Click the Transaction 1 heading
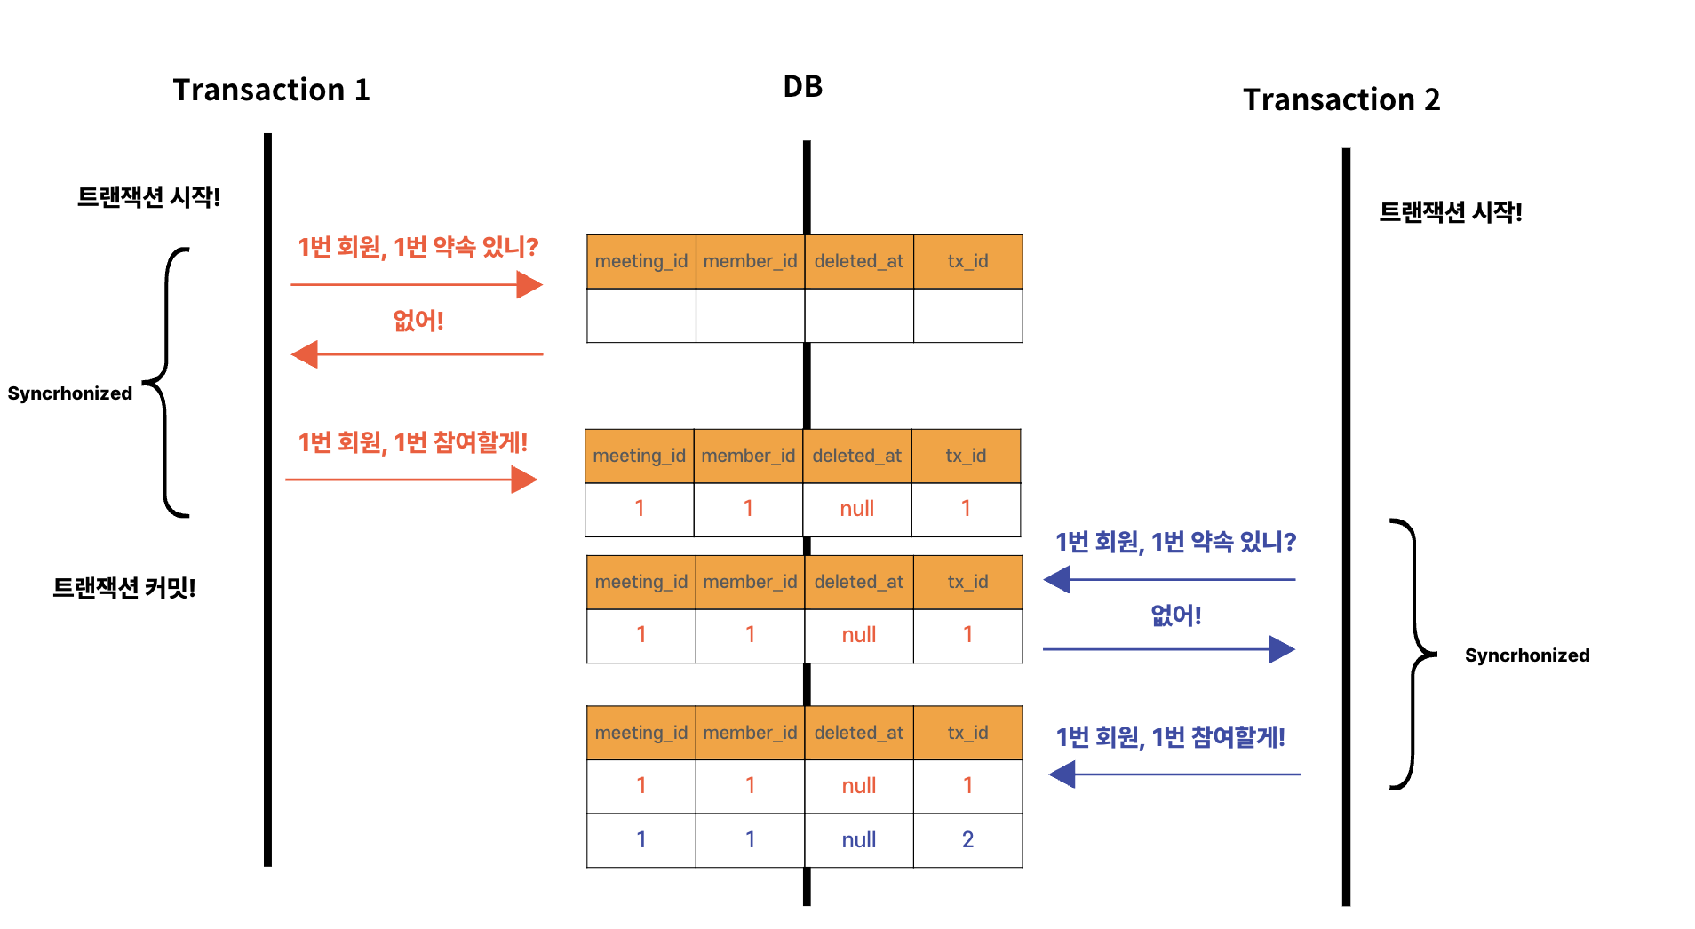pos(271,90)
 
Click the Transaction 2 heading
pos(1341,99)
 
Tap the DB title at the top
pos(802,86)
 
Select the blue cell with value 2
pos(967,839)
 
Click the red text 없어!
pos(418,320)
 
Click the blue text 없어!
pos(1175,615)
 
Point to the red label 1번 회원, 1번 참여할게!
pos(413,441)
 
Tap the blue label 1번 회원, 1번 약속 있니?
pos(1175,541)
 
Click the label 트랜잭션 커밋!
pos(124,587)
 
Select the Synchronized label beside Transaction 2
pos(1526,655)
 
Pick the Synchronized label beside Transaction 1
pos(70,393)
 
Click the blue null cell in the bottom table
pos(858,839)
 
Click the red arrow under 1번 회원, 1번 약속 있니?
pos(416,285)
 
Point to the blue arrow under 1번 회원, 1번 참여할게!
pos(1174,774)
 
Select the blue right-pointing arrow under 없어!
pos(1169,649)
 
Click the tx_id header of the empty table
pos(967,261)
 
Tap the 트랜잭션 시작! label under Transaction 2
pos(1450,212)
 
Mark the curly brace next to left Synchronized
pos(167,382)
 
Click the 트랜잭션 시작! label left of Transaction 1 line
pos(148,196)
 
